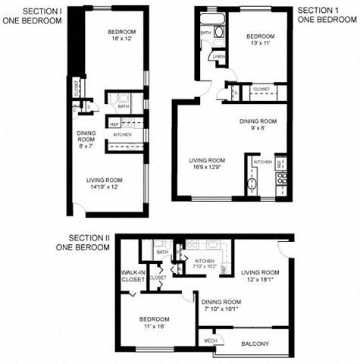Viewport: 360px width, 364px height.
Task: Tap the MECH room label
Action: click(x=210, y=341)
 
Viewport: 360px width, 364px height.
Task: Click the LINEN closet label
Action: click(x=218, y=57)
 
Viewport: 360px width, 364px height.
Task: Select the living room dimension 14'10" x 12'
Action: click(x=106, y=186)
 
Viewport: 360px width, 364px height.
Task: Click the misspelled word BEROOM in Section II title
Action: click(x=95, y=246)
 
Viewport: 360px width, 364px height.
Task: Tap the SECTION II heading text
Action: click(x=89, y=237)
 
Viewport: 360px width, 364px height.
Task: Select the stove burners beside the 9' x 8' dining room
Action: click(x=280, y=179)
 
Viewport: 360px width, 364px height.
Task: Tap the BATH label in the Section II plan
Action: click(x=161, y=252)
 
